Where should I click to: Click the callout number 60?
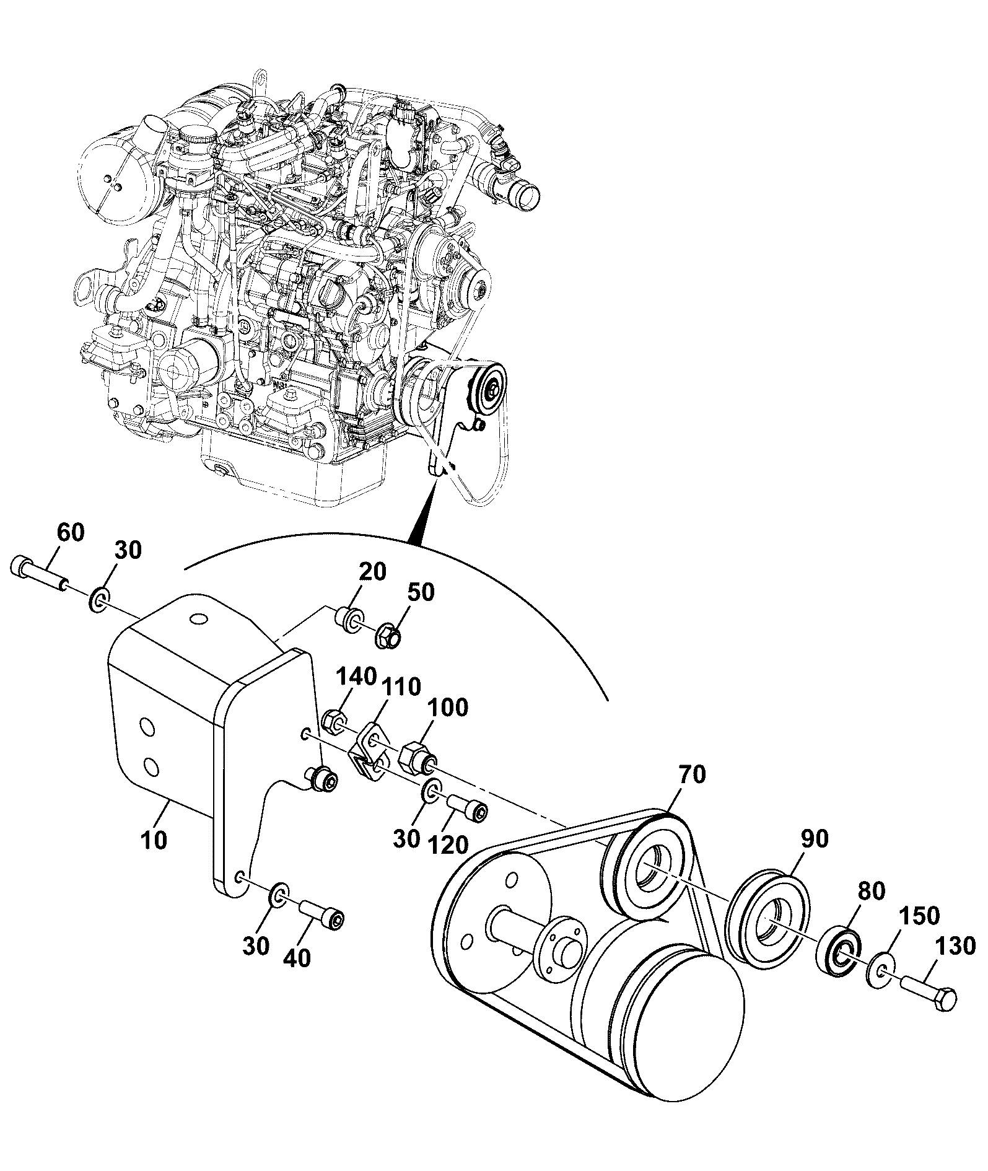coord(70,533)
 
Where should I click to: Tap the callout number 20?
coord(372,572)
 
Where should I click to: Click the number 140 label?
coord(356,676)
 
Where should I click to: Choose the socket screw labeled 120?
coord(467,809)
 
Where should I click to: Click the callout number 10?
coord(154,841)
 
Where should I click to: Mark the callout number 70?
coord(692,775)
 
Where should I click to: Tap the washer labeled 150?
coord(880,970)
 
